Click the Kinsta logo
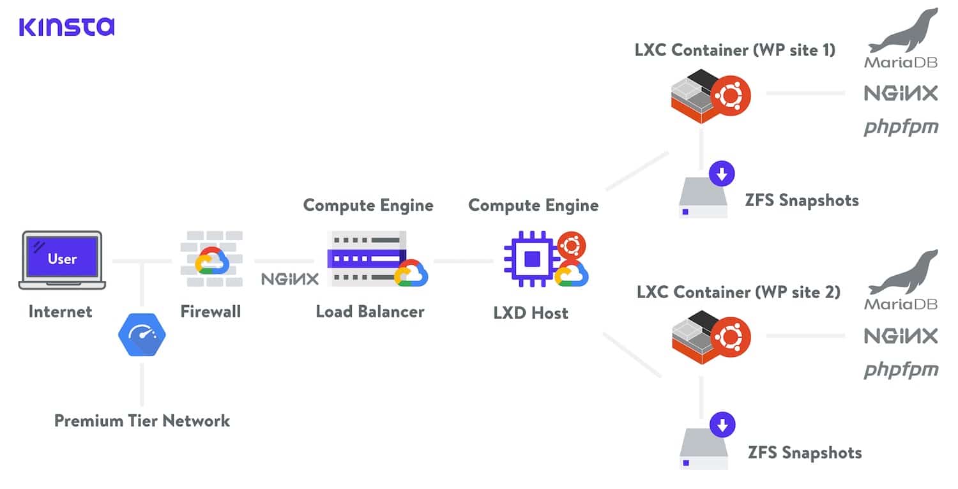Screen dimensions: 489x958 [x=66, y=26]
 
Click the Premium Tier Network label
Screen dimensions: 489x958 [x=142, y=421]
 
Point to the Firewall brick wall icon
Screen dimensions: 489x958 [x=211, y=259]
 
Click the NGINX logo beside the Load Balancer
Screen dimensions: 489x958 [x=289, y=279]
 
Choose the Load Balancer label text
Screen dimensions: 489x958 [x=370, y=312]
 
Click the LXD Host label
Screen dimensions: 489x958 [x=531, y=313]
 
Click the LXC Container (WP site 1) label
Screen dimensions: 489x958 [x=735, y=50]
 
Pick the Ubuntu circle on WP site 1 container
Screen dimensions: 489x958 [x=731, y=96]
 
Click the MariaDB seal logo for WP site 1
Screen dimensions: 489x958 [x=901, y=38]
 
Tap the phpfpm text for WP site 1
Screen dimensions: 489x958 [x=901, y=127]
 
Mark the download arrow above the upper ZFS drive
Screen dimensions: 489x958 [x=722, y=173]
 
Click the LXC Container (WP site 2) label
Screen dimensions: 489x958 [x=738, y=292]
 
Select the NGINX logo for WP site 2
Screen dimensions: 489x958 [x=901, y=336]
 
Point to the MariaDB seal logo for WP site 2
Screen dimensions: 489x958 [x=901, y=280]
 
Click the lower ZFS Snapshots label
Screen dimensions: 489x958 [x=805, y=453]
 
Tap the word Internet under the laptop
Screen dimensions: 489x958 [x=61, y=312]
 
